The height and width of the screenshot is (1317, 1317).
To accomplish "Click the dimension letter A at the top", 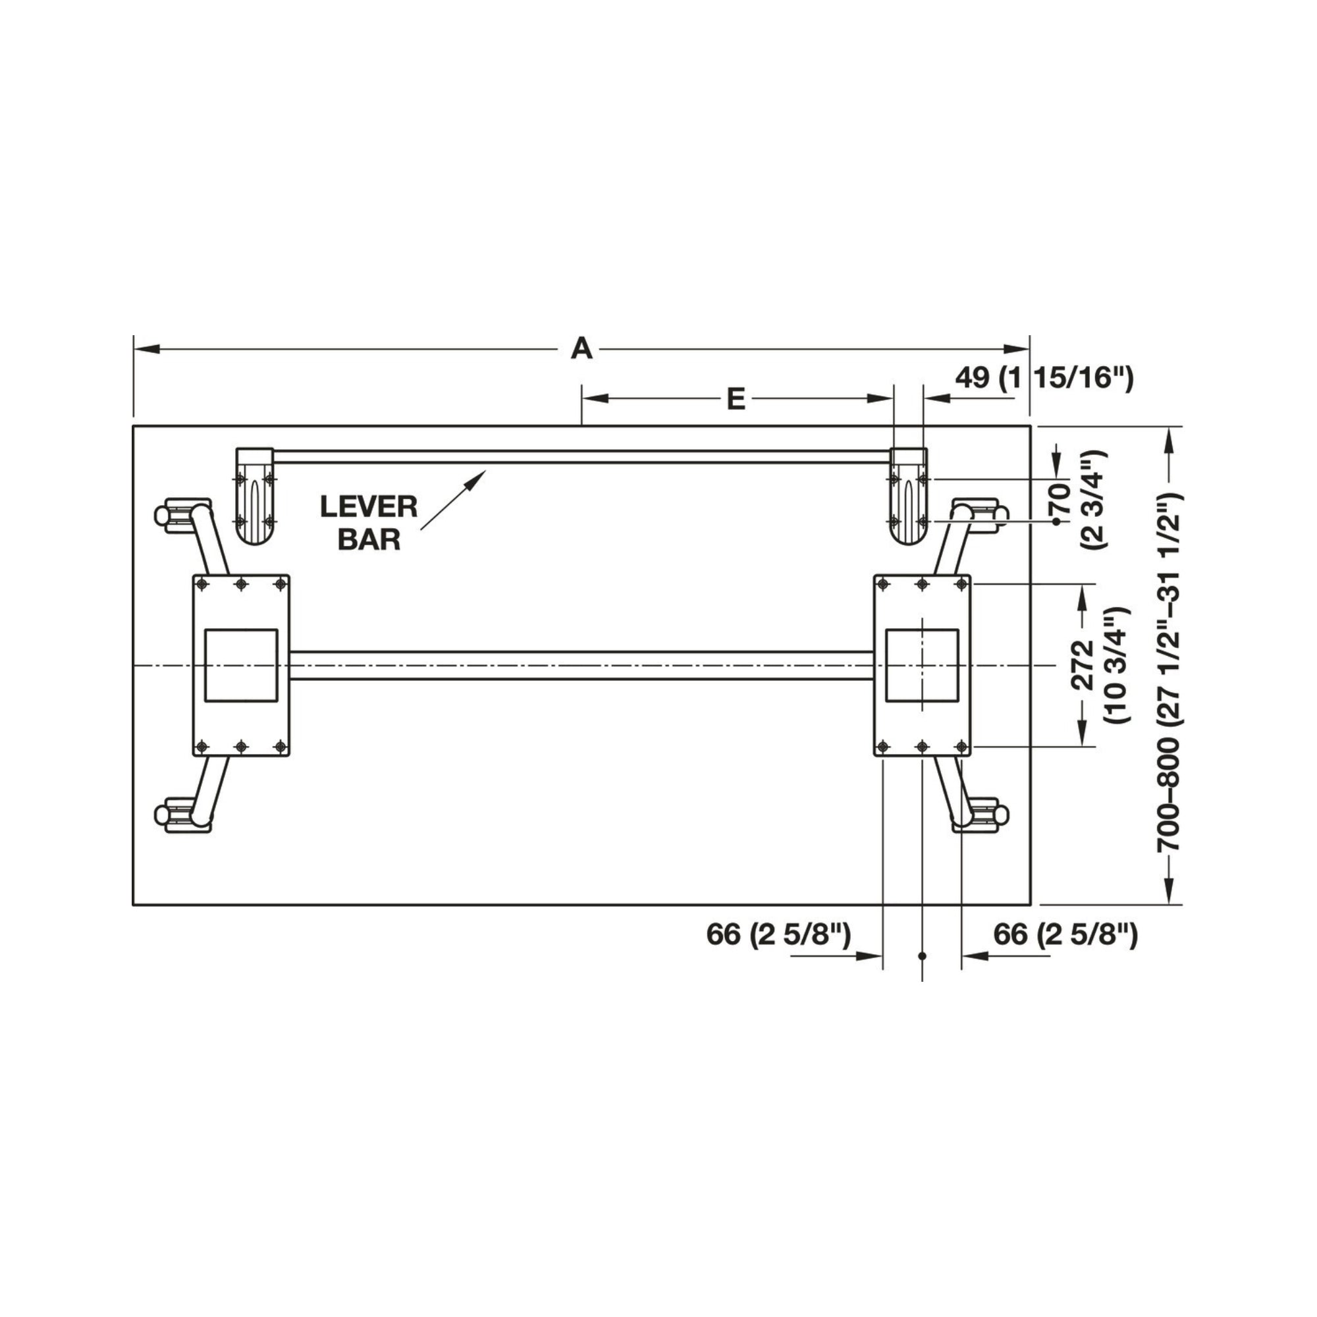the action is point(581,348).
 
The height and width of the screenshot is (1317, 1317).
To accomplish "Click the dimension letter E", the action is point(736,399).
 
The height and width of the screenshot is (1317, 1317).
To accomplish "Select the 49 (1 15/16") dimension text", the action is point(1044,377).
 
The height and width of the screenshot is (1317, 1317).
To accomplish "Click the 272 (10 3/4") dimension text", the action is point(1098,664).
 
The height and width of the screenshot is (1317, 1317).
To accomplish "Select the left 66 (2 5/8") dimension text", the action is point(778,934).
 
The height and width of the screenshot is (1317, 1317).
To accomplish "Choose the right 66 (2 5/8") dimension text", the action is point(1065,934).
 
